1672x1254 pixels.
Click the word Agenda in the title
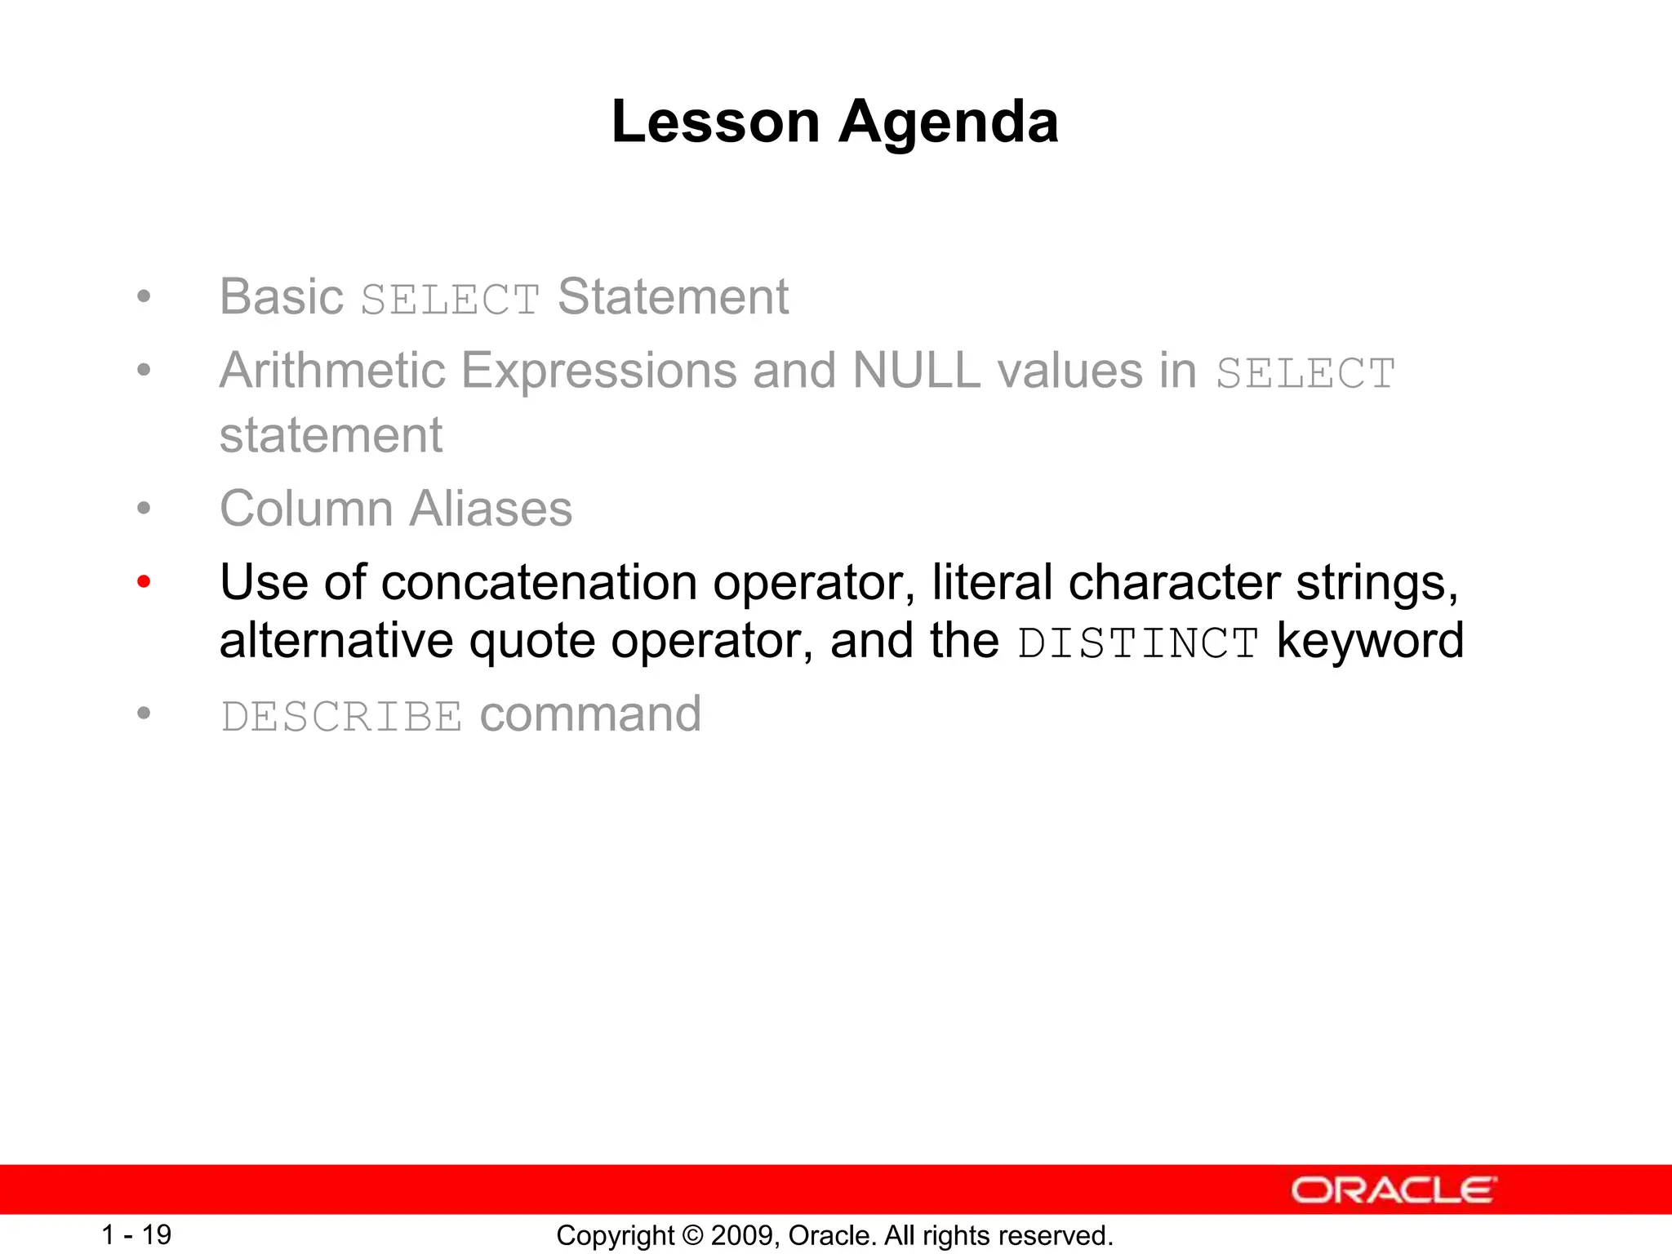pyautogui.click(x=949, y=122)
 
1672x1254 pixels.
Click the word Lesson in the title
pyautogui.click(x=715, y=122)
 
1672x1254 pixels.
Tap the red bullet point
pyautogui.click(x=144, y=582)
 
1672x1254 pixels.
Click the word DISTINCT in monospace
pyautogui.click(x=1138, y=643)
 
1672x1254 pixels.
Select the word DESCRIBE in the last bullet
pyautogui.click(x=341, y=717)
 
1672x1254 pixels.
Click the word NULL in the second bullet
pyautogui.click(x=915, y=371)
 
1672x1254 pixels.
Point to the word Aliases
pyautogui.click(x=490, y=509)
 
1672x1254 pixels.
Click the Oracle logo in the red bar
pyautogui.click(x=1393, y=1190)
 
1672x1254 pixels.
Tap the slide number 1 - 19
pyautogui.click(x=136, y=1234)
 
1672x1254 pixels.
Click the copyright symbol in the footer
pyautogui.click(x=692, y=1235)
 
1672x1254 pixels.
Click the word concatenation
pyautogui.click(x=539, y=583)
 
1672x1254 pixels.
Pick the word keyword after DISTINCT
pyautogui.click(x=1370, y=641)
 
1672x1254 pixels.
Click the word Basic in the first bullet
pyautogui.click(x=281, y=296)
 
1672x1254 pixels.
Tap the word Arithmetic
pyautogui.click(x=331, y=371)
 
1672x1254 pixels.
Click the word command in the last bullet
pyautogui.click(x=590, y=714)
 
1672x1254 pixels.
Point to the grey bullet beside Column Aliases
pyautogui.click(x=144, y=509)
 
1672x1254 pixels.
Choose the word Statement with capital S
pyautogui.click(x=673, y=296)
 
